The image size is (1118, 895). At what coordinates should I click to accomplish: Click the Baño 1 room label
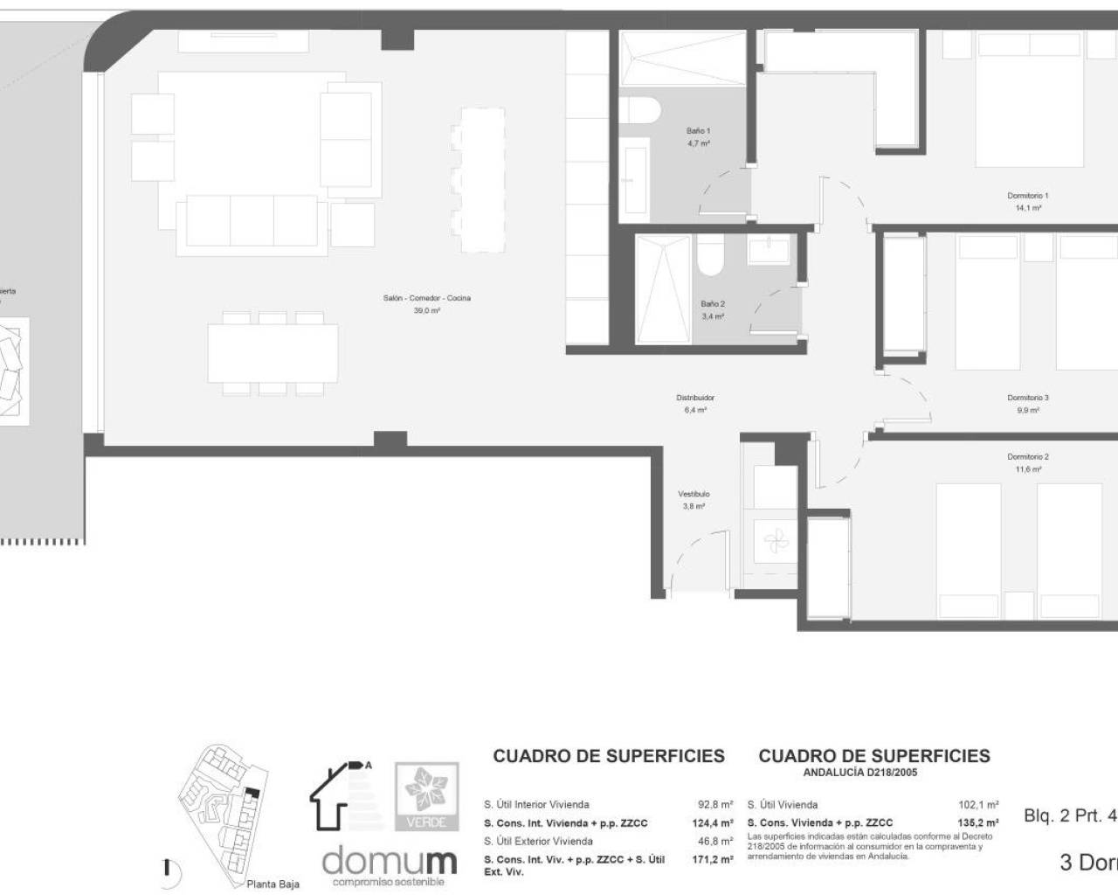(698, 131)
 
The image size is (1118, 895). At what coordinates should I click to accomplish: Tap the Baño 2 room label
(713, 304)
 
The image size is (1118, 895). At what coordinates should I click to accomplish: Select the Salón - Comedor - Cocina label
(426, 298)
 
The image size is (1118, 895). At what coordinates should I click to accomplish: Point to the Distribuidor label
(695, 398)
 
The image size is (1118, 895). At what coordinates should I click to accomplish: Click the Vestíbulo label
(694, 494)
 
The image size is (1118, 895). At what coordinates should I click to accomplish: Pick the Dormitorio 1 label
(1027, 196)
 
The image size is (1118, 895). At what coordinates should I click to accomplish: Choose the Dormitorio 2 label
(1027, 457)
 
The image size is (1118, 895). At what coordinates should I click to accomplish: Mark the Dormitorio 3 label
(1027, 398)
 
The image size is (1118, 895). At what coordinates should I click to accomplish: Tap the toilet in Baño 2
(709, 253)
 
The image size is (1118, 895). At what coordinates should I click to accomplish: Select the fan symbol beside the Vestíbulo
(774, 543)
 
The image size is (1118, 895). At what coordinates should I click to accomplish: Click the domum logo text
(389, 861)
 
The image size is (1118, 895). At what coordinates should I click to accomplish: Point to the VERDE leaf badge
(427, 796)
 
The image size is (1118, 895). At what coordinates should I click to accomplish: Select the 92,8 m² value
(715, 805)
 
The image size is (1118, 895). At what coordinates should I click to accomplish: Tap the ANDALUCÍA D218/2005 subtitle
(860, 773)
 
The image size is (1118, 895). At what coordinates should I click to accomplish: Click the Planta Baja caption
(273, 885)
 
